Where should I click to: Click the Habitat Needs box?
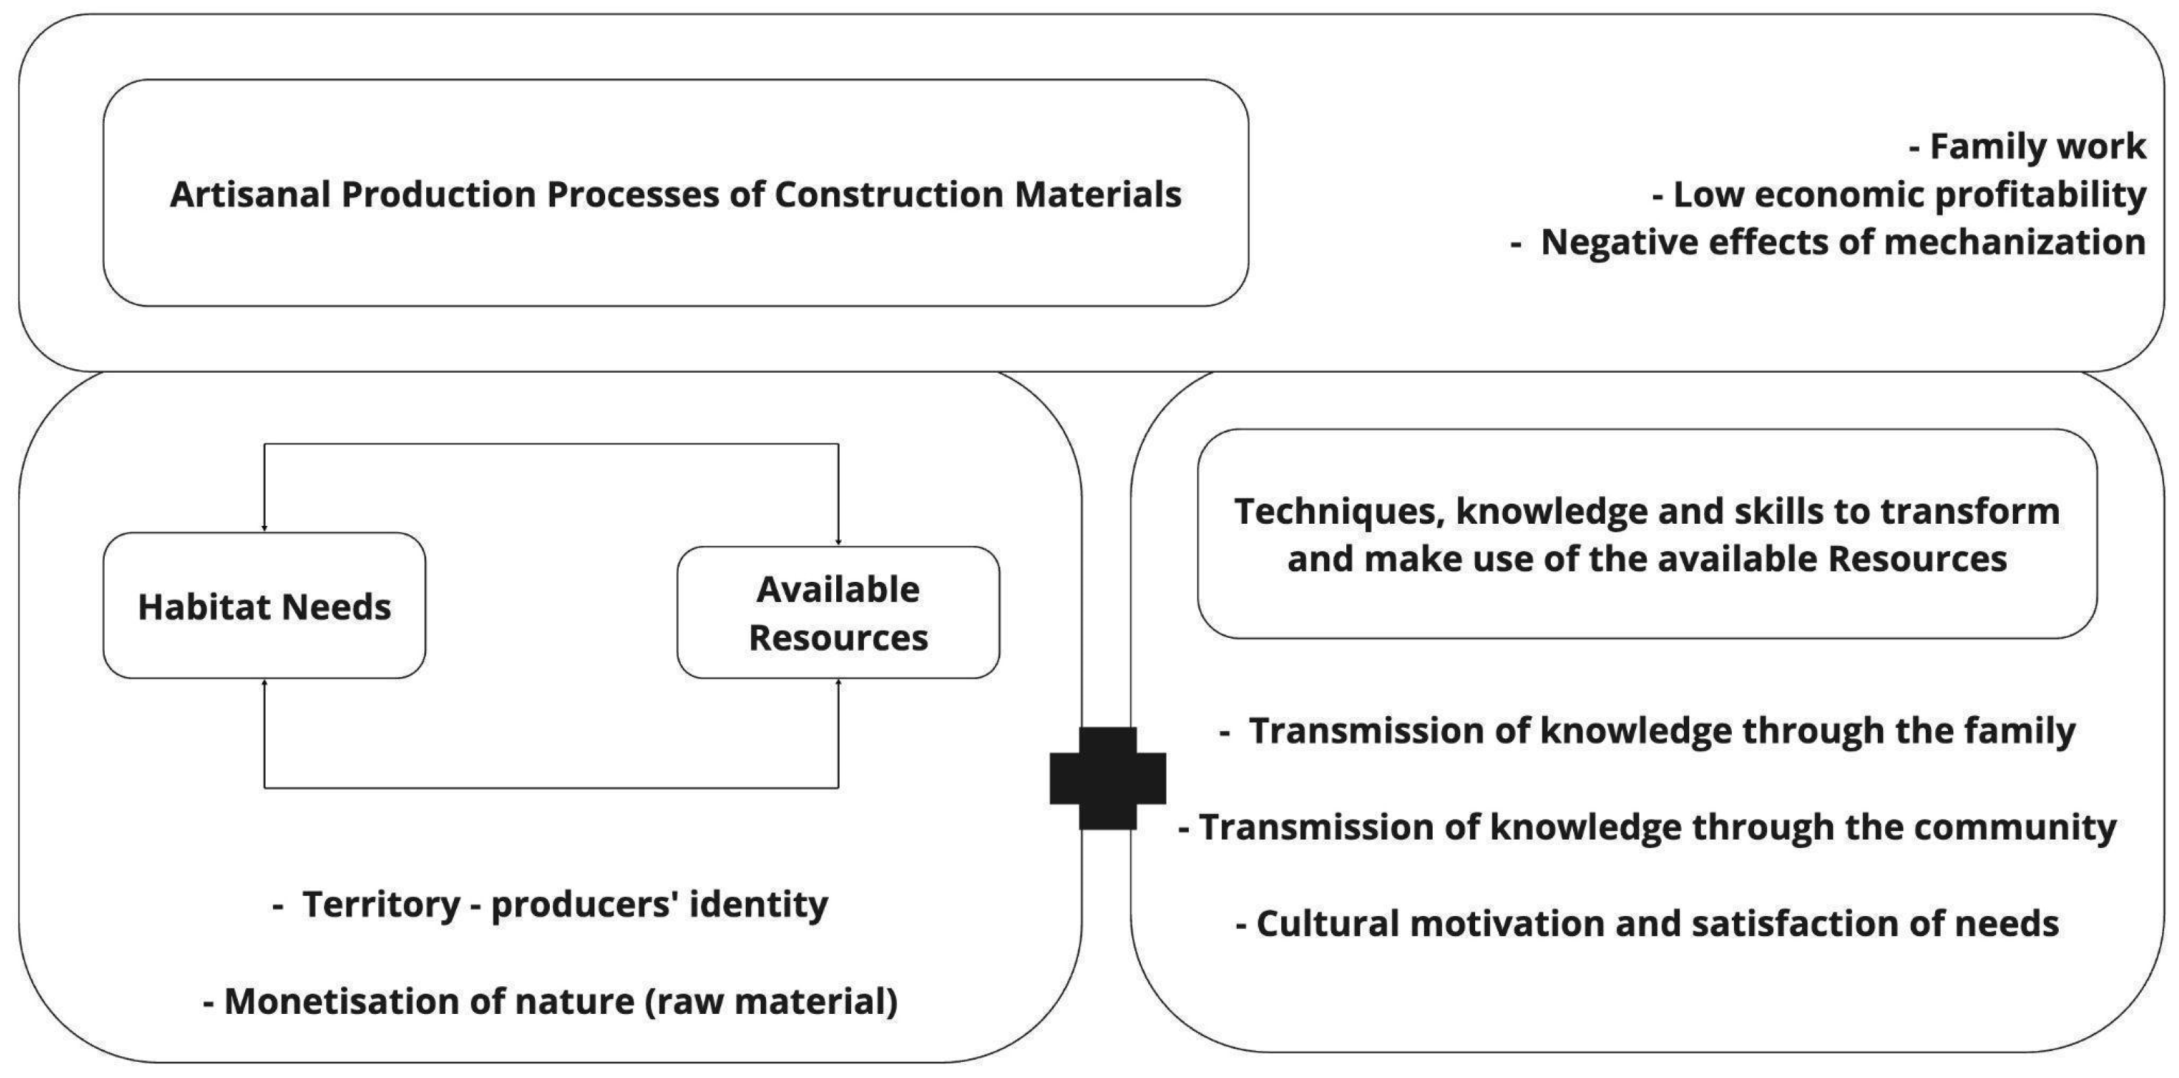pos(264,605)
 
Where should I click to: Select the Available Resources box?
pos(838,613)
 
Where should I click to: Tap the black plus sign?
pos(1107,778)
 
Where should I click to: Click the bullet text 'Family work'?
pos(2037,146)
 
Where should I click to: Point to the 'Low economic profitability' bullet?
pos(1908,194)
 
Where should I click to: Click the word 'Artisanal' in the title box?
pos(249,194)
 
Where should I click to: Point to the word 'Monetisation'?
pos(342,1002)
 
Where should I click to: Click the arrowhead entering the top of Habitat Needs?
pos(265,528)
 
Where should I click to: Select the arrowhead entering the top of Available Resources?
pos(838,542)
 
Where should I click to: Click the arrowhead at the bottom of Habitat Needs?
pos(265,682)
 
